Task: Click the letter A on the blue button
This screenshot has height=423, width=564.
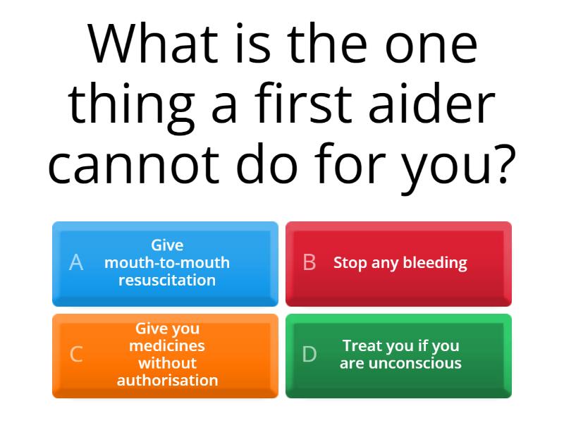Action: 76,263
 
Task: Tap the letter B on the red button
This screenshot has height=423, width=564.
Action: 309,263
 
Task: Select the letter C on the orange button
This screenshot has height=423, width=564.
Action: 76,355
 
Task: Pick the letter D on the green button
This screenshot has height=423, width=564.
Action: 309,355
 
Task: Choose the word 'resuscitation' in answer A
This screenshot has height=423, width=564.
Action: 167,280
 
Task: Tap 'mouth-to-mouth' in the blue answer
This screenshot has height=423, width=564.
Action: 167,263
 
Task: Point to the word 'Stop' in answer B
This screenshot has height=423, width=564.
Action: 350,264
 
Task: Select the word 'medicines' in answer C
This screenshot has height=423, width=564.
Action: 167,346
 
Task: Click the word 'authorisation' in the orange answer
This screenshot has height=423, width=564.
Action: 167,381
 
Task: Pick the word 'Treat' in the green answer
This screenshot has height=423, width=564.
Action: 362,346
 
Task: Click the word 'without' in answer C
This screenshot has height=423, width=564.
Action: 167,364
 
